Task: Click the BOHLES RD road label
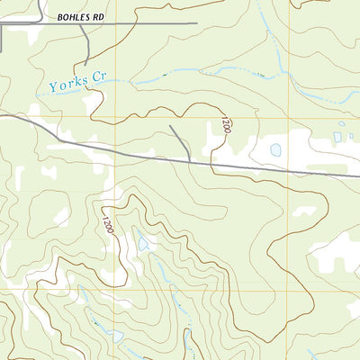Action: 81,17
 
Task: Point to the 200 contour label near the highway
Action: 226,126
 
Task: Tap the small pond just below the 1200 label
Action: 143,242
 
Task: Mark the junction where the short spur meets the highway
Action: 190,160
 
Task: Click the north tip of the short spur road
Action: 170,127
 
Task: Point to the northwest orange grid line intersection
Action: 115,117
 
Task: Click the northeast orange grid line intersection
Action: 289,117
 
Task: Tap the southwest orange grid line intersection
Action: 115,291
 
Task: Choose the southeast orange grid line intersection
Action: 289,291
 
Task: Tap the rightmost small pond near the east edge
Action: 350,135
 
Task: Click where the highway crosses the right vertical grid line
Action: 289,170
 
